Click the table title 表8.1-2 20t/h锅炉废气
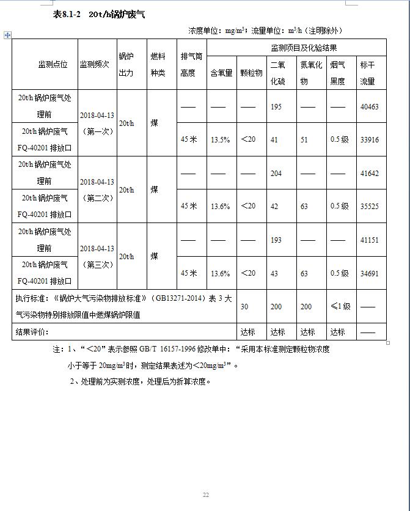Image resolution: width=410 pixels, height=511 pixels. point(99,15)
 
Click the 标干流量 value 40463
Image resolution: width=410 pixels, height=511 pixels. point(369,107)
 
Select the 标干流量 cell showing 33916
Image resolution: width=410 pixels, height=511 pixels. point(369,140)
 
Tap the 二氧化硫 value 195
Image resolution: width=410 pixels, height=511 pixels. point(276,107)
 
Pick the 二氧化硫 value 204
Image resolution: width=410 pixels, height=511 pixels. point(276,174)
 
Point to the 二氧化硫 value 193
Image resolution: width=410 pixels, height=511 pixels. point(276,240)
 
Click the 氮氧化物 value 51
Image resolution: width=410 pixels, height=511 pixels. point(304,140)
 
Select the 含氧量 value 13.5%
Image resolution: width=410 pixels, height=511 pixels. point(220,140)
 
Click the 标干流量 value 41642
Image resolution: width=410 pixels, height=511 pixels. point(369,174)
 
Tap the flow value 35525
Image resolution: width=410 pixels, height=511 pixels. point(369,207)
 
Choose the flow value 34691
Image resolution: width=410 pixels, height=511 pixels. point(369,273)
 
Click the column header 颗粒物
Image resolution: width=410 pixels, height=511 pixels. point(251,73)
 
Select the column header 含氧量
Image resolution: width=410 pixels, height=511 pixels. point(221,73)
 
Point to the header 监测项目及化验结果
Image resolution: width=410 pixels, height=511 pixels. point(304,48)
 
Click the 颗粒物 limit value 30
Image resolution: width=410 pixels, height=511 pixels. point(244,307)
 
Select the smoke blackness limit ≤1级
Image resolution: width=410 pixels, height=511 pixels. point(340,307)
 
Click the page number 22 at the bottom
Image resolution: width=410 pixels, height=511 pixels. point(206,495)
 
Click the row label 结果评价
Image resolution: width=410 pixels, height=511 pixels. point(32,332)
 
